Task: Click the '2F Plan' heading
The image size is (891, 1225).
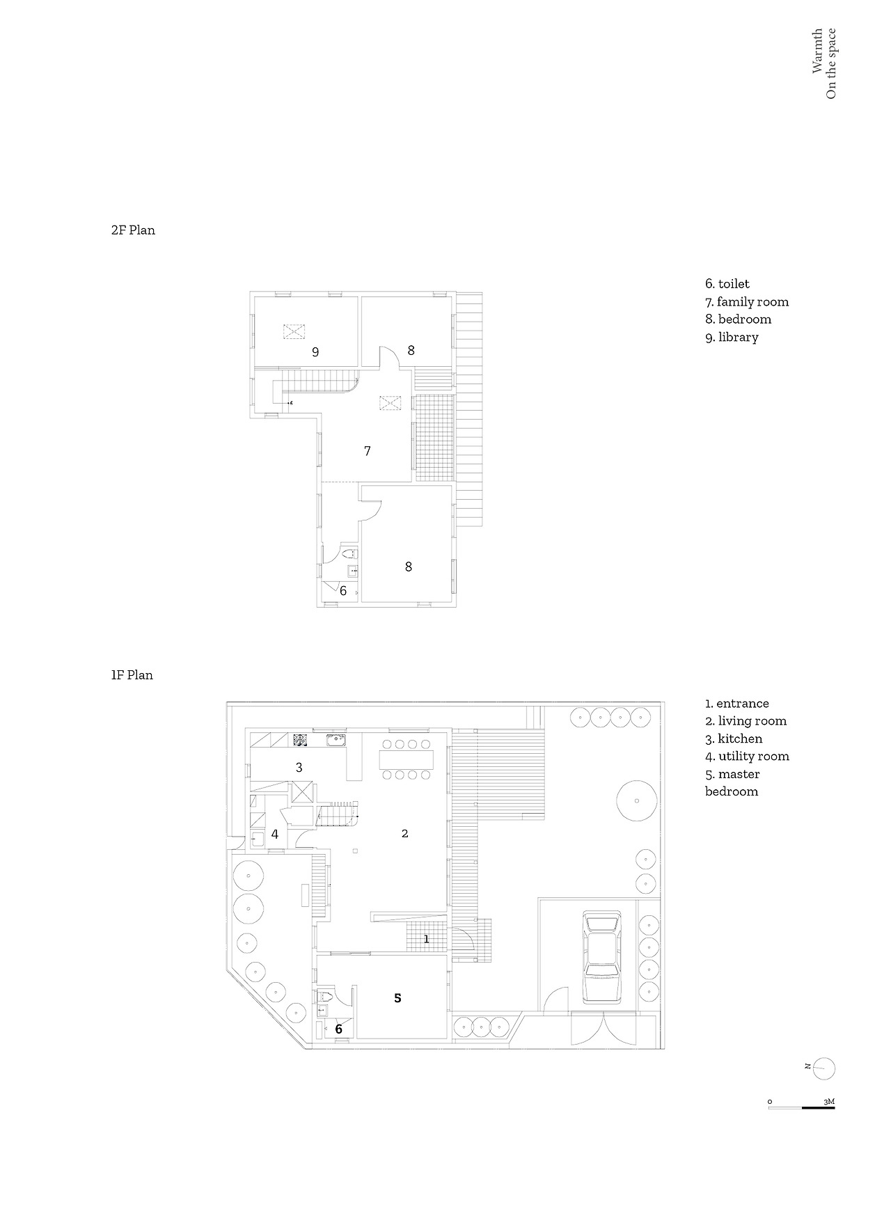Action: pos(133,230)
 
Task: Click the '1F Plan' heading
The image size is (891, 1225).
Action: pos(132,675)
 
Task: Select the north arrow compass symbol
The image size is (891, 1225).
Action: pos(823,1068)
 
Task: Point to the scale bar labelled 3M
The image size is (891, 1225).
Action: pos(802,1105)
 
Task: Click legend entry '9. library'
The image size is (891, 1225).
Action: pos(732,338)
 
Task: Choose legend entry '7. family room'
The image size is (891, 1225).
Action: pos(747,302)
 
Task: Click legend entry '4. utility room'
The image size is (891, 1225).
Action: pos(747,757)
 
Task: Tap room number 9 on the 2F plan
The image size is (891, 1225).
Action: pos(315,352)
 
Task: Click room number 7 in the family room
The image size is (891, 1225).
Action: pos(368,451)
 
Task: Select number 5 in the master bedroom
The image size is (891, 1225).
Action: pos(397,998)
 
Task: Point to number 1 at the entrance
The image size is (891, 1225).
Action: pos(427,939)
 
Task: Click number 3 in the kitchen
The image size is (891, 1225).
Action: pos(299,768)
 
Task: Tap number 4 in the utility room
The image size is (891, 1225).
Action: pos(275,834)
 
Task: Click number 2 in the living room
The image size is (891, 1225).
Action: pos(404,833)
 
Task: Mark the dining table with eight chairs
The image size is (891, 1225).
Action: pos(406,759)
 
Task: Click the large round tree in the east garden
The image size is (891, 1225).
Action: pos(637,801)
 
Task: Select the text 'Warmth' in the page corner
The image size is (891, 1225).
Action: pos(817,51)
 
